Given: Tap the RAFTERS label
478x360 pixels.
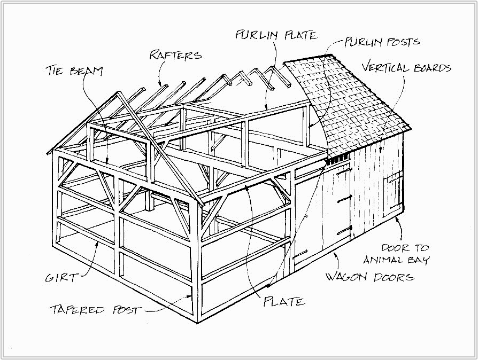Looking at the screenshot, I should click(175, 55).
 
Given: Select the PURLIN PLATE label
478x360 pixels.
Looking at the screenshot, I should click(276, 36).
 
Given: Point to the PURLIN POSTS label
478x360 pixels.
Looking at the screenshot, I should click(382, 42).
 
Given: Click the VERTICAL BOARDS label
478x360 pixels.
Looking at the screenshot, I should click(406, 68).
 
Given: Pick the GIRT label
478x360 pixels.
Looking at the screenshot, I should click(60, 278).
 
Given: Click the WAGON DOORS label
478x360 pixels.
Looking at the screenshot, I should click(369, 277).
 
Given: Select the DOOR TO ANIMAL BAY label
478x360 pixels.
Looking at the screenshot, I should click(396, 254).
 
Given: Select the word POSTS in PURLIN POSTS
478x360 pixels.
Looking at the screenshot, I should click(402, 42).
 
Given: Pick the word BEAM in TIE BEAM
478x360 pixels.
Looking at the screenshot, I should click(86, 71).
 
